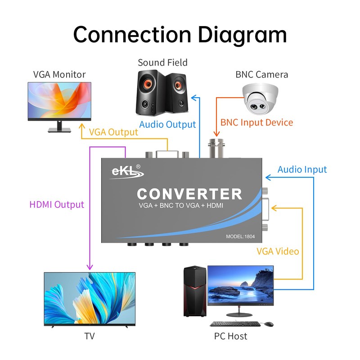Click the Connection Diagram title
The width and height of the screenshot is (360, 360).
click(180, 35)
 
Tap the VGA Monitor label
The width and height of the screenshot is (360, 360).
click(59, 74)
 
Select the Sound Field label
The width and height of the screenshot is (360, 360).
click(162, 63)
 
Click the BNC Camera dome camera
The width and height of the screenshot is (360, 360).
click(261, 99)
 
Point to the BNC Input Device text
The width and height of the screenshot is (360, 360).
click(256, 122)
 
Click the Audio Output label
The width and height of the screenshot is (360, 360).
click(167, 125)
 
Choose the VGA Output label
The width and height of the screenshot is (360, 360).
click(113, 132)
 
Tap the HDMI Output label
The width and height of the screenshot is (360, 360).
click(57, 205)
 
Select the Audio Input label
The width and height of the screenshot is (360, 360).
click(302, 170)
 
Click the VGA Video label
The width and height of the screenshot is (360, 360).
click(278, 251)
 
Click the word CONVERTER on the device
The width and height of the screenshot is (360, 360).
click(189, 194)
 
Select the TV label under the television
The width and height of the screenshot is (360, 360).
click(90, 336)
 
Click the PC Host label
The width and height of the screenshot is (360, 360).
click(231, 336)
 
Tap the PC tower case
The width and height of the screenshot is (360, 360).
click(195, 291)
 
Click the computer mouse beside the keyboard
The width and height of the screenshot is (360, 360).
click(268, 324)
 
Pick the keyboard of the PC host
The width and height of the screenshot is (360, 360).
click(234, 324)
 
